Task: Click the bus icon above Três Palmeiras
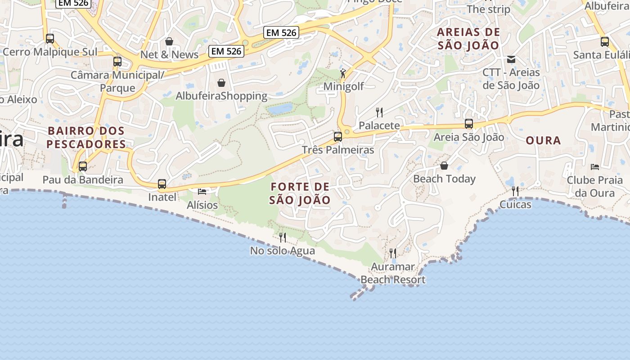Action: click(338, 137)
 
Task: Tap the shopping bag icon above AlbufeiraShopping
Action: click(221, 83)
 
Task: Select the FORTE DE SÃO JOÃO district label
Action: click(300, 193)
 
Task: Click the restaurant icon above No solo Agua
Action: click(283, 237)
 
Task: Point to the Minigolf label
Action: click(344, 86)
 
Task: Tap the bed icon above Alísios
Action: click(202, 192)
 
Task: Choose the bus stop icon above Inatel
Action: click(162, 184)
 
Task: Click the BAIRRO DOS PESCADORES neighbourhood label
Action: click(86, 137)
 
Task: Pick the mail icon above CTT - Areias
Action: click(511, 59)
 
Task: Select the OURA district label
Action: click(543, 140)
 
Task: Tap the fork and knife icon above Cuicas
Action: click(515, 191)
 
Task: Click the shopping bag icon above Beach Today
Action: click(444, 166)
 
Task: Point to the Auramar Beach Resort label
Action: click(393, 273)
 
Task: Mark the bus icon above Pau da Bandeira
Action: click(83, 166)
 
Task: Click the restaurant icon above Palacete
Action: click(379, 112)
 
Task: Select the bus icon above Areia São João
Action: click(469, 124)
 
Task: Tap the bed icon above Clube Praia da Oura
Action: click(595, 167)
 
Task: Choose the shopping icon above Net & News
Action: click(169, 41)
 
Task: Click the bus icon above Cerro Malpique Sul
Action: click(50, 39)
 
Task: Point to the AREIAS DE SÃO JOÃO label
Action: click(468, 39)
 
